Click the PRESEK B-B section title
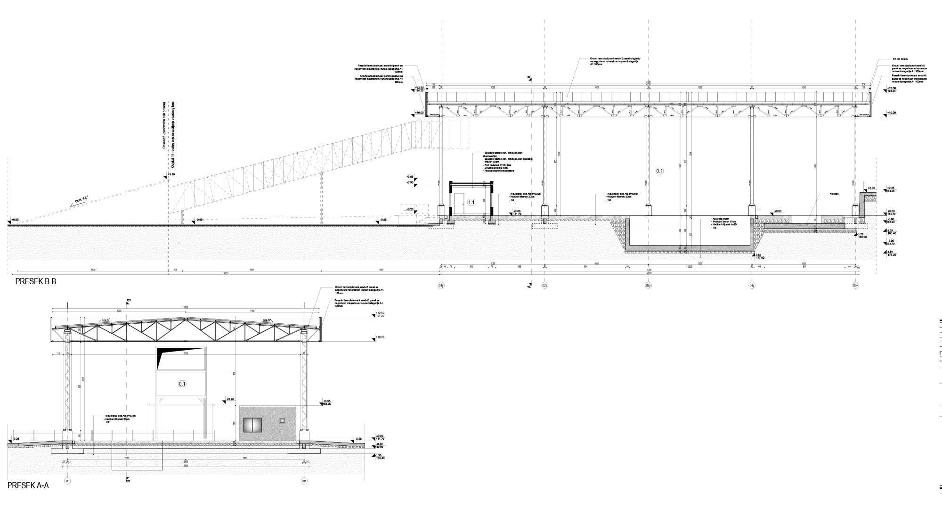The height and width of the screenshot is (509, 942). point(36,281)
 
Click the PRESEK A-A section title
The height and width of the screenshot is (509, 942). point(28,485)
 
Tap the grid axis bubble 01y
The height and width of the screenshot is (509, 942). point(441,286)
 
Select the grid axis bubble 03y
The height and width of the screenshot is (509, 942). point(648,286)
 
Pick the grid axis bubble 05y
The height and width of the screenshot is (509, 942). point(855,286)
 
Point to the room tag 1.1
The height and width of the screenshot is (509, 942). point(471,203)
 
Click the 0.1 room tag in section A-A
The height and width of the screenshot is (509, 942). point(182,384)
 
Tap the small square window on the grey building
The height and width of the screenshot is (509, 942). point(283,420)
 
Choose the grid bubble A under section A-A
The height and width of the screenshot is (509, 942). point(67,481)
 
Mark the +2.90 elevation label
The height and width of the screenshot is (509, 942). point(410,182)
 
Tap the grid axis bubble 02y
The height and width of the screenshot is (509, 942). point(544,286)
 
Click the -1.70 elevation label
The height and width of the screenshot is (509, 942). point(860,234)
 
